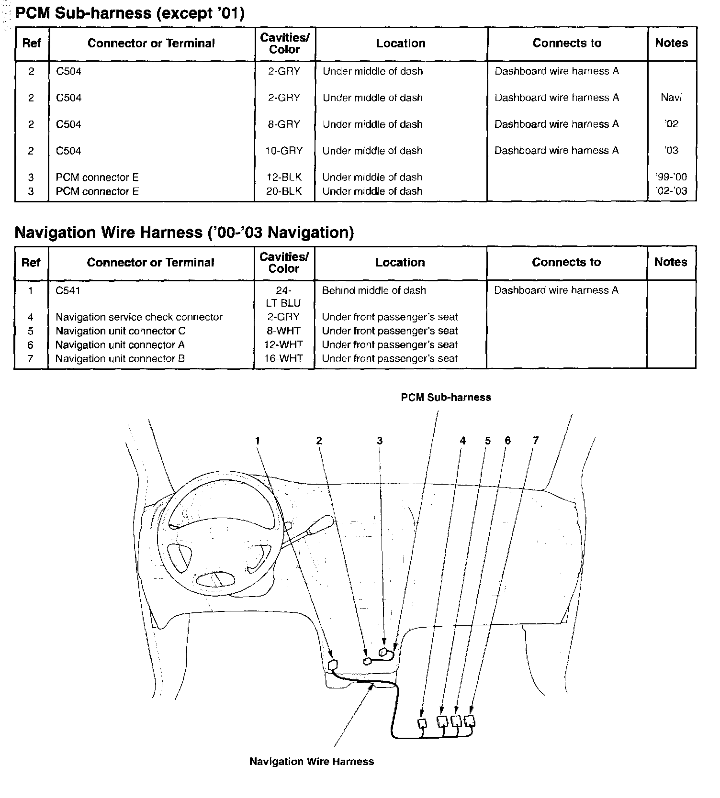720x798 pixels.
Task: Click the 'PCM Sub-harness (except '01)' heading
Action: click(x=130, y=13)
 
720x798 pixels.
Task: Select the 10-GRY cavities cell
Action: click(x=284, y=151)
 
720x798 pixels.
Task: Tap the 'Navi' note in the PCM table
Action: click(x=671, y=98)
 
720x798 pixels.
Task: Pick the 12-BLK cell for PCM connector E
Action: click(x=284, y=177)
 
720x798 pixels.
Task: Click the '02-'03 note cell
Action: click(x=671, y=191)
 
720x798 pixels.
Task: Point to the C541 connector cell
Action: click(x=68, y=290)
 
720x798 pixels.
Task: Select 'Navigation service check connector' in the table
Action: click(x=139, y=317)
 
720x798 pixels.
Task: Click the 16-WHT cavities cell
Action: click(x=283, y=359)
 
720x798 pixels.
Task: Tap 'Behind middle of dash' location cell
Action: click(x=374, y=290)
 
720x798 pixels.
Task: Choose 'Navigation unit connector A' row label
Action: click(x=120, y=345)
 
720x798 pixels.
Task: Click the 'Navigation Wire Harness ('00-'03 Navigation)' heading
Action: click(x=184, y=233)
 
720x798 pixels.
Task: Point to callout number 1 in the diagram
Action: click(x=258, y=441)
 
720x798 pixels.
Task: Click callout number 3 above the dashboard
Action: click(x=380, y=441)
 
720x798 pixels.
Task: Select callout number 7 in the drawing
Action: click(x=536, y=441)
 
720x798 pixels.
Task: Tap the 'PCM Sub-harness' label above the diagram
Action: click(x=446, y=398)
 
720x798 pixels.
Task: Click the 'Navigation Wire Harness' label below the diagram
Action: click(x=312, y=762)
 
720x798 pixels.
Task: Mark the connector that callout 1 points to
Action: click(x=334, y=665)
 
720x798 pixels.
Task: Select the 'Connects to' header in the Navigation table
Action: click(x=566, y=262)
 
